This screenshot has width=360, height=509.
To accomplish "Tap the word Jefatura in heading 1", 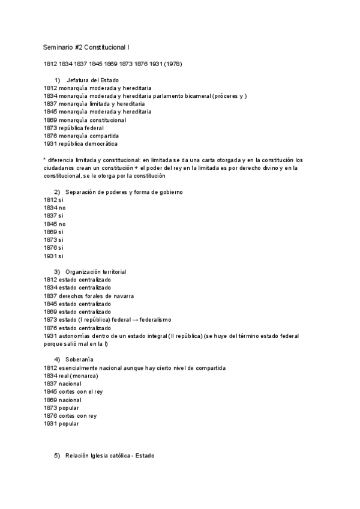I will point(78,80).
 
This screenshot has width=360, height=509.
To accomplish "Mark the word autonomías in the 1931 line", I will point(75,336).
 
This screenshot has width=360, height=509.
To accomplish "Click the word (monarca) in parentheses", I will point(84,376).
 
